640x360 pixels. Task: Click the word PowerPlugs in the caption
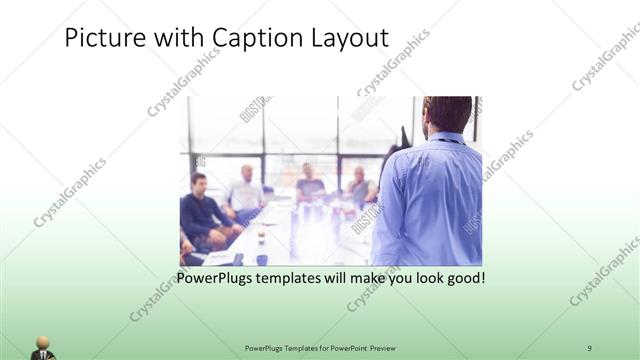click(x=213, y=277)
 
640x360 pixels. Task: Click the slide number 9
click(x=589, y=347)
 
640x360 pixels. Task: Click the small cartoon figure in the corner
click(x=42, y=347)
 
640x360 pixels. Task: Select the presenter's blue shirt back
click(x=430, y=200)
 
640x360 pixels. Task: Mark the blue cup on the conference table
click(x=262, y=258)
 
